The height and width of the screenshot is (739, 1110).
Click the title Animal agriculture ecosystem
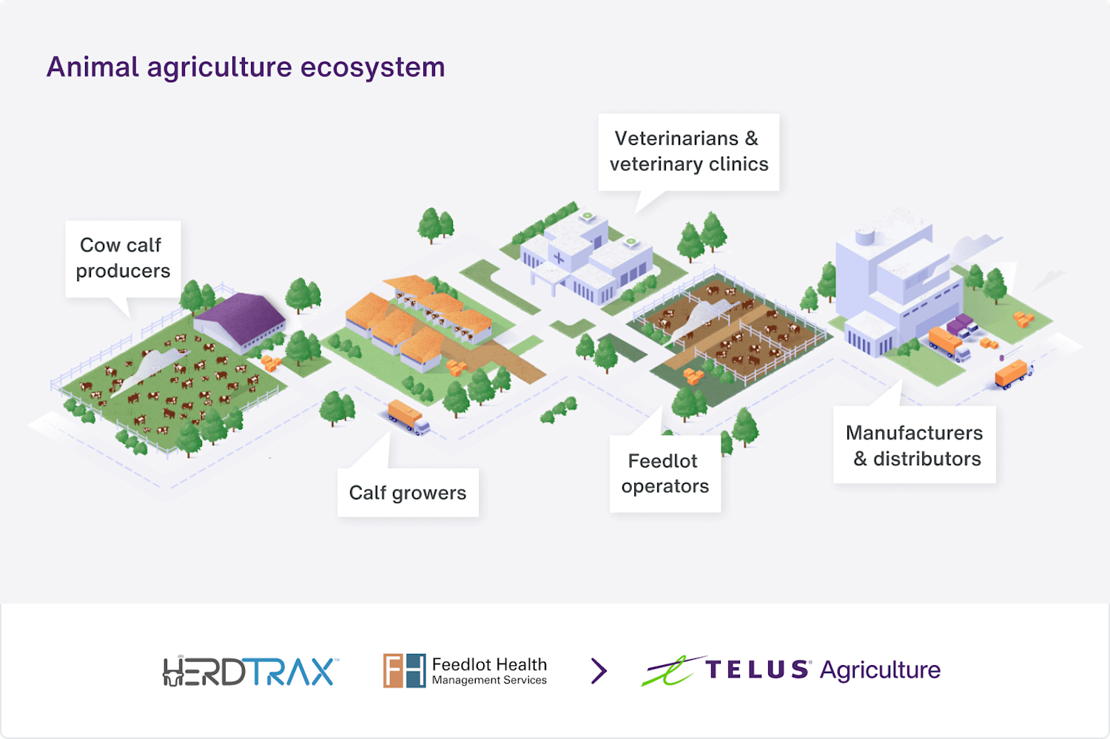pyautogui.click(x=246, y=67)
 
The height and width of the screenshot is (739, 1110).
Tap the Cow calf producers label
pyautogui.click(x=123, y=258)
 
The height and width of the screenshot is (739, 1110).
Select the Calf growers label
pyautogui.click(x=408, y=493)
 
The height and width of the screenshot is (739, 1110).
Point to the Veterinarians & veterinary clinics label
pyautogui.click(x=688, y=152)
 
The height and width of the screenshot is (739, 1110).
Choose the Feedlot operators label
pyautogui.click(x=665, y=473)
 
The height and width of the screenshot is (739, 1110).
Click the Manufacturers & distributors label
pyautogui.click(x=915, y=445)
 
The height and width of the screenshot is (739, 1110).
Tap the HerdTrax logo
pyautogui.click(x=250, y=671)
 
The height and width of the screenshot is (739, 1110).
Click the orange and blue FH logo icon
pyautogui.click(x=404, y=670)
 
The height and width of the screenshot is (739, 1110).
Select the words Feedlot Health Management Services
pyautogui.click(x=489, y=671)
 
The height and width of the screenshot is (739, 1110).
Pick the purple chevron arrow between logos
pyautogui.click(x=599, y=671)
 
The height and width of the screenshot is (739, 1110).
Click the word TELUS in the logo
pyautogui.click(x=756, y=670)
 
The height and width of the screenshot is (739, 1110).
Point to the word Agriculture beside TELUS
pyautogui.click(x=880, y=670)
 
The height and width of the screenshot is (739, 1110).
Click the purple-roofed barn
pyautogui.click(x=240, y=320)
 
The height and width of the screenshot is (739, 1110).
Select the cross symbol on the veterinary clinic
pyautogui.click(x=559, y=258)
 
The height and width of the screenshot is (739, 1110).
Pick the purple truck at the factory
pyautogui.click(x=961, y=325)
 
